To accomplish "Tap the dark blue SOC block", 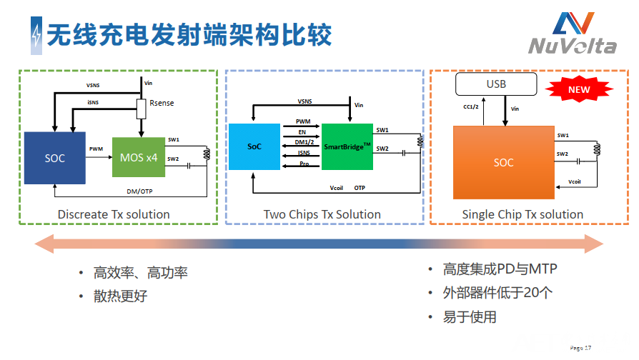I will coord(54,157).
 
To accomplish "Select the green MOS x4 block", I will coord(139,157).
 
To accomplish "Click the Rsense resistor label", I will coord(162,104).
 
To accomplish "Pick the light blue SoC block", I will coord(254,146).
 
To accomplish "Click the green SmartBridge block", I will coord(347,146).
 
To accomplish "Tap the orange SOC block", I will coord(503,162).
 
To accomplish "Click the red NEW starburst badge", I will coord(579,91).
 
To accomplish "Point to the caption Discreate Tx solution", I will coord(114,214).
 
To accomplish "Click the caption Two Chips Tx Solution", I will coord(322,214).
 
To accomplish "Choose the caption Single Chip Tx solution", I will coord(522,214).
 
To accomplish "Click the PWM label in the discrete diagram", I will coord(96,149).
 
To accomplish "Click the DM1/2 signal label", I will coord(303,143).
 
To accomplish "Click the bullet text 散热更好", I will coord(120,296).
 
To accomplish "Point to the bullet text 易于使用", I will coord(470,316).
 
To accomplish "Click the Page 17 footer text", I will coord(580,348).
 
